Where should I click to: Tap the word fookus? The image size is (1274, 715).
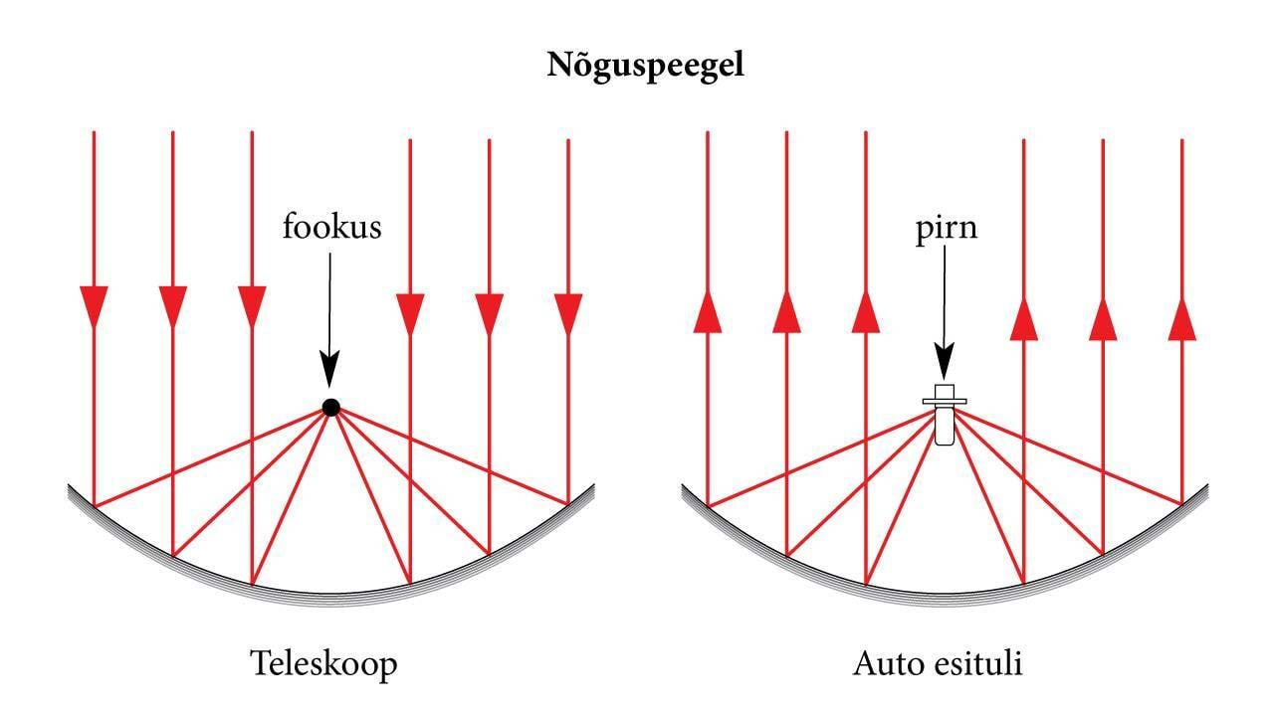click(x=331, y=227)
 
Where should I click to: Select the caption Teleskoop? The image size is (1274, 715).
click(x=324, y=662)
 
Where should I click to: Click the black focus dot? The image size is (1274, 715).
click(x=331, y=407)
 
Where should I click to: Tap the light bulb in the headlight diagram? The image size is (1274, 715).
click(x=945, y=415)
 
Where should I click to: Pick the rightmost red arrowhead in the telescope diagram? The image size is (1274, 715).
click(x=568, y=314)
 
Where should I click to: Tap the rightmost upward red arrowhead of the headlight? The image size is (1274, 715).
click(x=1181, y=319)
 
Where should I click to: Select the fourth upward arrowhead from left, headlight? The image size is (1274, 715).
click(x=1024, y=319)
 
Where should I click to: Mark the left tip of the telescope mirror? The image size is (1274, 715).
click(x=71, y=488)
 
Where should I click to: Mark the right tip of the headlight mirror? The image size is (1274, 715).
click(x=1206, y=488)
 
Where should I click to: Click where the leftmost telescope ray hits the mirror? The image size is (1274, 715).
click(x=94, y=505)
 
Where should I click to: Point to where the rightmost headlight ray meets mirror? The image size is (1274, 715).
click(x=1181, y=504)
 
